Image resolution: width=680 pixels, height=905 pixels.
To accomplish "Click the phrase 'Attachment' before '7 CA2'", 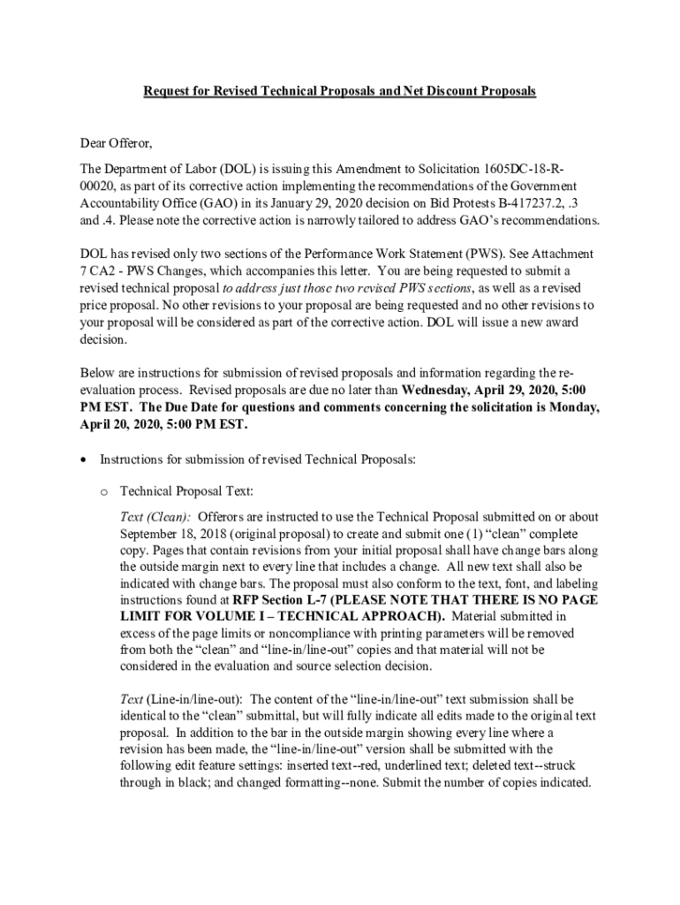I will click(548, 254).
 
